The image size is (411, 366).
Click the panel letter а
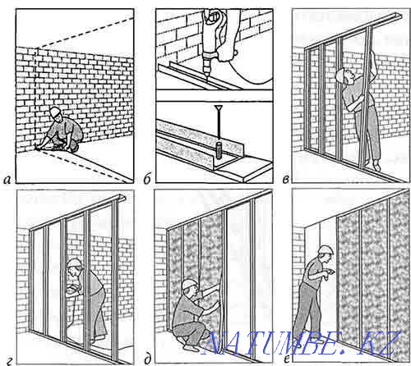(7, 180)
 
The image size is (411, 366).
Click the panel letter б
(147, 179)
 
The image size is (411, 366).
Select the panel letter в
(285, 180)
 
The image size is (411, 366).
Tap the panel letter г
(9, 362)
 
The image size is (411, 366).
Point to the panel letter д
(147, 360)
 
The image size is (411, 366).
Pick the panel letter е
(287, 359)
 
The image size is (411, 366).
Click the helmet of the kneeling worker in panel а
(54, 111)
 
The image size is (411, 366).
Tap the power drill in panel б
(211, 39)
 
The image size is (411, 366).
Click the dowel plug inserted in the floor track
(219, 150)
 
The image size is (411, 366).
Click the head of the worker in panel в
(343, 75)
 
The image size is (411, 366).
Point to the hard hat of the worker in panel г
(74, 263)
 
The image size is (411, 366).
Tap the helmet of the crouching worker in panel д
(189, 284)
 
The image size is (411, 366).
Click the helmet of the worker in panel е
(326, 249)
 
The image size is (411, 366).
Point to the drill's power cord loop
(253, 72)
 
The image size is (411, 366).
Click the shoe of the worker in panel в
(377, 166)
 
